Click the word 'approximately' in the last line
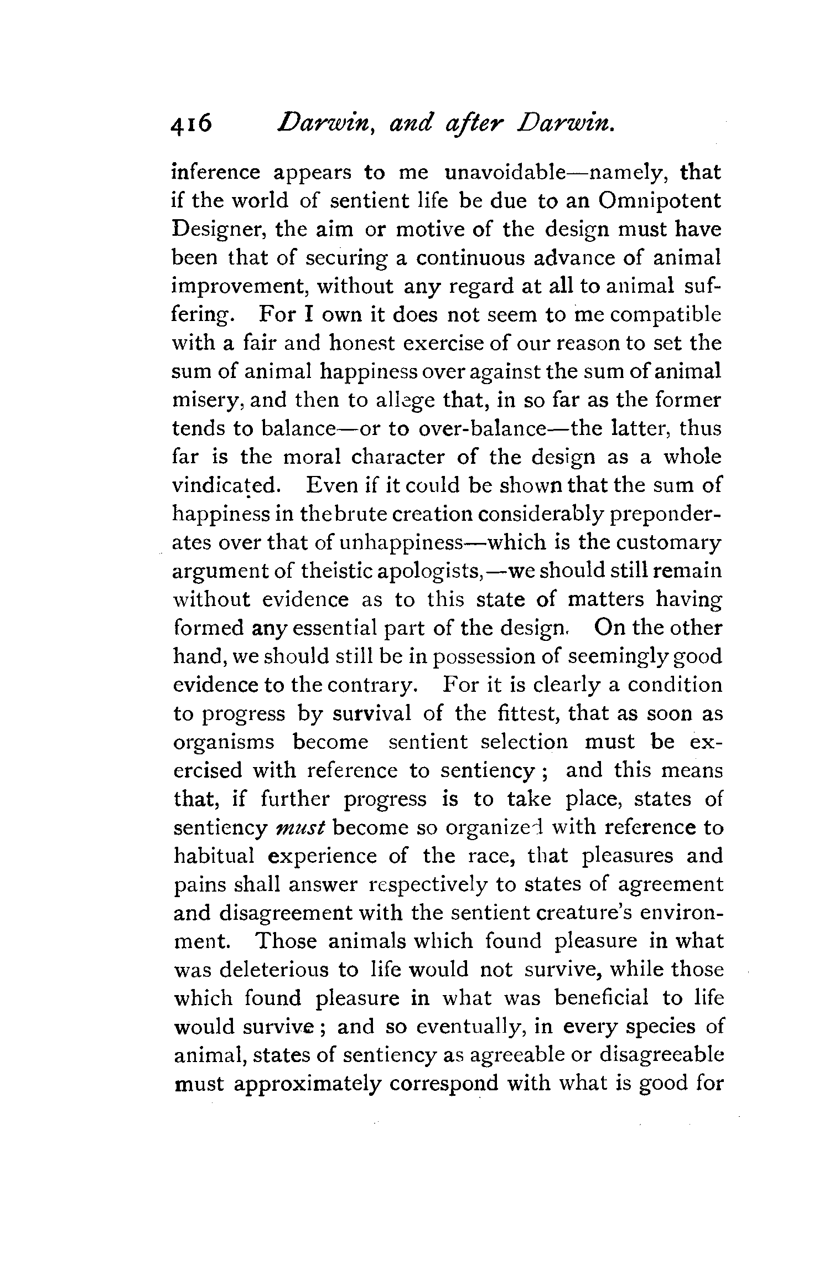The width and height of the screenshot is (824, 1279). pos(307,1084)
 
